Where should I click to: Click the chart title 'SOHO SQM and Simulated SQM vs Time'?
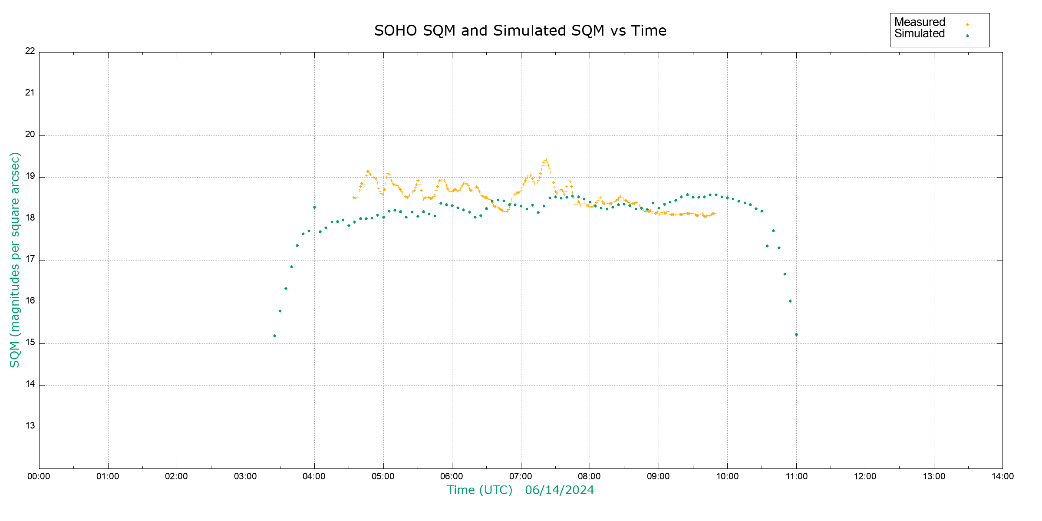[520, 31]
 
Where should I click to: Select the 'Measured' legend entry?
[920, 22]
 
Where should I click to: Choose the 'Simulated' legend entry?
[920, 34]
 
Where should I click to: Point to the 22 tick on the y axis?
[30, 51]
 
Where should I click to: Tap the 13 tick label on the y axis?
[30, 426]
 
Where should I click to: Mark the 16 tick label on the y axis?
[30, 301]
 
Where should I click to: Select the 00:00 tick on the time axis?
[39, 476]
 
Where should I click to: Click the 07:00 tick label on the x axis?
[521, 476]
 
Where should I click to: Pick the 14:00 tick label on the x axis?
[1002, 476]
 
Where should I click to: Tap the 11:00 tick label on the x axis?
[796, 476]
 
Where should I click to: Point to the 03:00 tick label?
[245, 476]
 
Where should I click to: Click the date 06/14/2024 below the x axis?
[559, 490]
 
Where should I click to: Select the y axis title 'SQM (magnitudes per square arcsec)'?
[15, 260]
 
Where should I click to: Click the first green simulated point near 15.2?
[274, 336]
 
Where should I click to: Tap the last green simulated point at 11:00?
[796, 334]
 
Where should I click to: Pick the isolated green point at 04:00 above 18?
[314, 207]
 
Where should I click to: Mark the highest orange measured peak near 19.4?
[546, 160]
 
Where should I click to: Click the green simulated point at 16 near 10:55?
[790, 301]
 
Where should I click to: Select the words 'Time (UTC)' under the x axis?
[480, 490]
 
